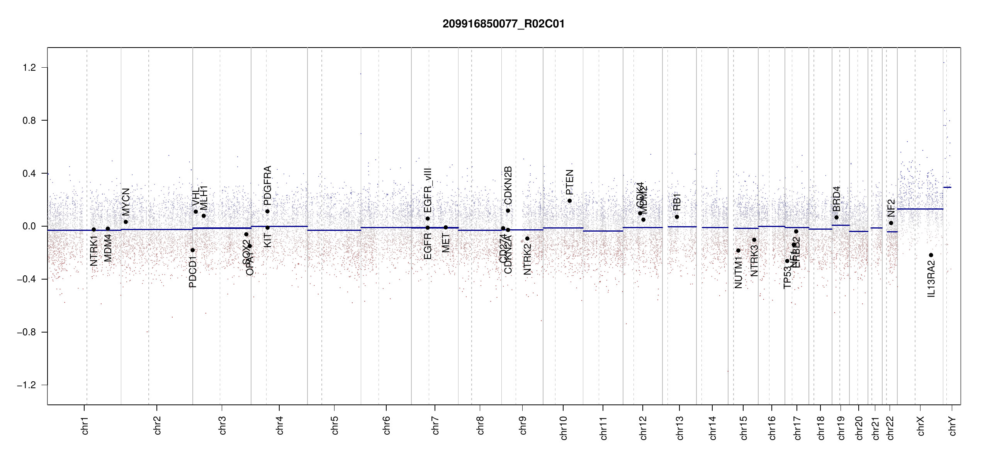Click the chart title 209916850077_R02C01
tap(503, 24)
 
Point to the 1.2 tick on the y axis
tap(29, 68)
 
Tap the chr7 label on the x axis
tap(435, 425)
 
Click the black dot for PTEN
tap(569, 201)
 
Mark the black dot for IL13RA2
tap(931, 255)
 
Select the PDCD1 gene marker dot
tap(193, 250)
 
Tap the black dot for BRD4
tap(836, 217)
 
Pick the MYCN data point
tap(126, 222)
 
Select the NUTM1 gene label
tap(738, 275)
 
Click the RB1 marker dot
tap(677, 217)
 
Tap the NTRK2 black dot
tap(527, 238)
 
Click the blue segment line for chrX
tap(920, 209)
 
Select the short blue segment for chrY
tap(947, 187)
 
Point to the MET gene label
tap(446, 243)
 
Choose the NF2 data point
tap(891, 223)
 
